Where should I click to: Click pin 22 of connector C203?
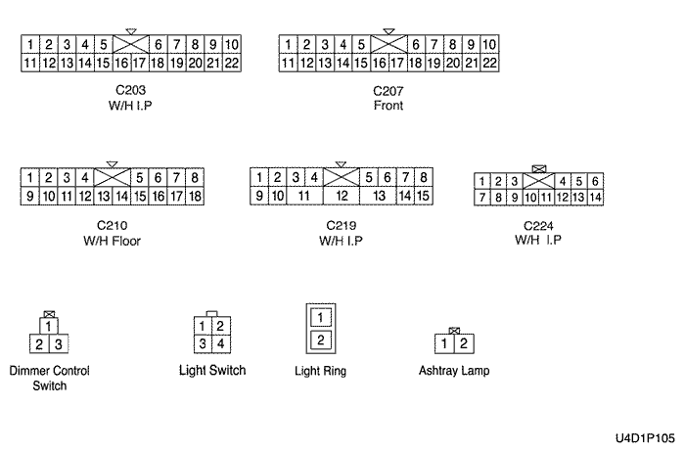pyautogui.click(x=233, y=63)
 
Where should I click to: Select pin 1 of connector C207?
pyautogui.click(x=289, y=45)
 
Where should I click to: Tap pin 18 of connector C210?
pyautogui.click(x=196, y=196)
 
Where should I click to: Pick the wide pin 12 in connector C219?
pyautogui.click(x=342, y=196)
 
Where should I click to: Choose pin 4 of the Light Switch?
pyautogui.click(x=220, y=343)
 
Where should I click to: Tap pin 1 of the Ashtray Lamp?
pyautogui.click(x=445, y=343)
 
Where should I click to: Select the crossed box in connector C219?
pyautogui.click(x=342, y=178)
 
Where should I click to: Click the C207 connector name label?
pyautogui.click(x=388, y=92)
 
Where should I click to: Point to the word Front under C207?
pyautogui.click(x=388, y=106)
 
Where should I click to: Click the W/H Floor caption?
pyautogui.click(x=113, y=240)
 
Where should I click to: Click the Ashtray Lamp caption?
pyautogui.click(x=454, y=372)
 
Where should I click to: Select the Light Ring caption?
pyautogui.click(x=321, y=372)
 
